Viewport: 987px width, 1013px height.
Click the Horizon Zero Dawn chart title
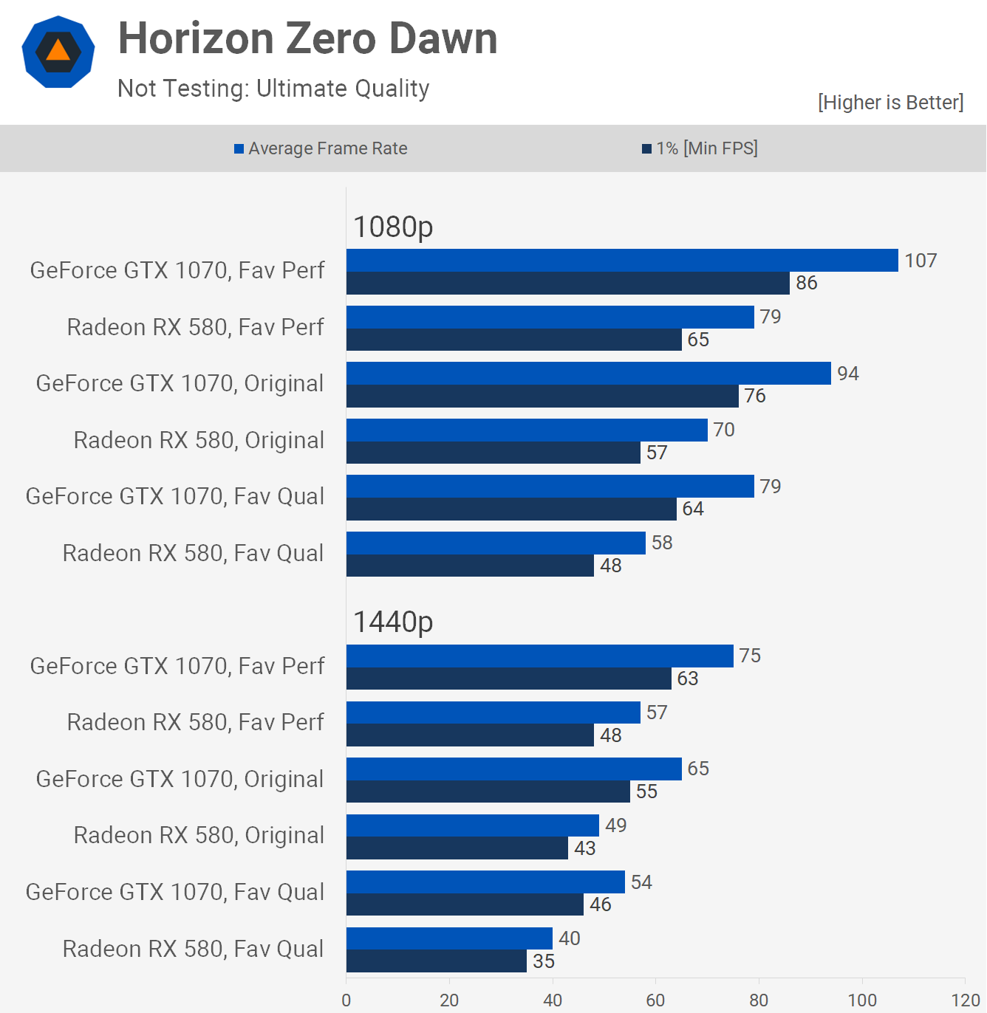click(307, 38)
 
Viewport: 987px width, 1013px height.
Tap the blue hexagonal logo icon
click(58, 52)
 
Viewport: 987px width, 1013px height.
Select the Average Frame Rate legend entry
click(321, 148)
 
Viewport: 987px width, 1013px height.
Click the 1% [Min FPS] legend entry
click(700, 148)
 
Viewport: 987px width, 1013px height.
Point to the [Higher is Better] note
click(890, 102)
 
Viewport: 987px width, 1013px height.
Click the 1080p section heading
click(393, 227)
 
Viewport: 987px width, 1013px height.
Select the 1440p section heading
click(393, 622)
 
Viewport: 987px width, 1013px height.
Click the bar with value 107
click(622, 261)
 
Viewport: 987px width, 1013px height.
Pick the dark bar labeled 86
click(567, 284)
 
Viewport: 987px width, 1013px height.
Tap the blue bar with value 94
click(588, 374)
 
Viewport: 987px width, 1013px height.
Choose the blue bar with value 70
click(527, 430)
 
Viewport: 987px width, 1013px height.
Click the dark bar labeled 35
click(436, 961)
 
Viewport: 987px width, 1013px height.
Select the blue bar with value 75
click(539, 656)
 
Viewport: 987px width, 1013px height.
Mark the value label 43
click(585, 848)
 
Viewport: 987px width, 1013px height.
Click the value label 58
click(662, 543)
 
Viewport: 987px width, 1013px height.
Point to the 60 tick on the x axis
click(655, 1000)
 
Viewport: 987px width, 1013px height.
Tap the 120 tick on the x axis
click(965, 1000)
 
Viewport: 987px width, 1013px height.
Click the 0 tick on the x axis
click(346, 1000)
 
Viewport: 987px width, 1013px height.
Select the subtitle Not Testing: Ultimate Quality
click(273, 89)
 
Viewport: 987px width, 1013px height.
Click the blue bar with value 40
click(449, 938)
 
